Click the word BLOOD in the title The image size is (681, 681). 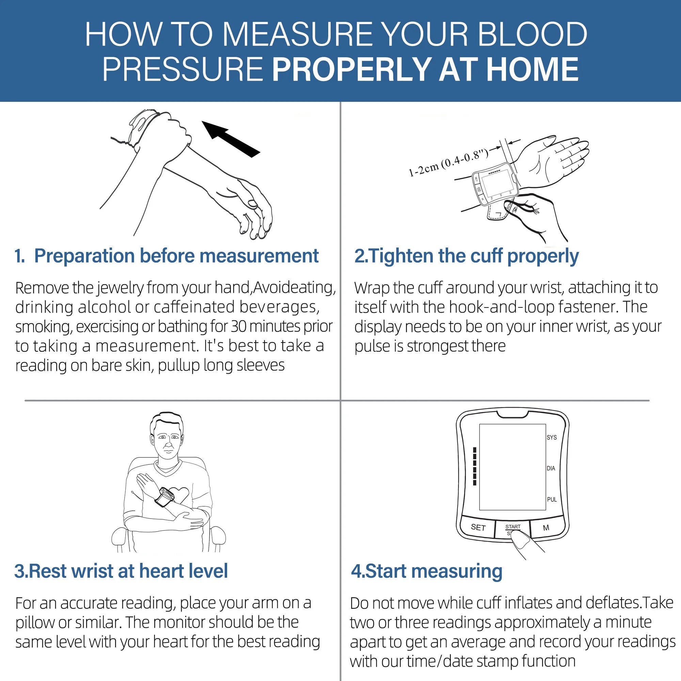532,34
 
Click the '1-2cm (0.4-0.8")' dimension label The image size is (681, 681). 448,162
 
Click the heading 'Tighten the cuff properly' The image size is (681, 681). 466,256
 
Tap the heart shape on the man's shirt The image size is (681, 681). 180,495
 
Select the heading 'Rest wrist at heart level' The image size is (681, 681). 121,571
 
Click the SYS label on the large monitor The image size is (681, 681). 552,438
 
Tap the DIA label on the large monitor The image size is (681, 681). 551,469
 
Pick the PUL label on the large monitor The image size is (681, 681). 552,500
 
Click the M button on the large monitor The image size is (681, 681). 546,528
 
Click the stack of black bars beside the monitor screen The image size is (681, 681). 475,466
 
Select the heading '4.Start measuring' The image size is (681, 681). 427,571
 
